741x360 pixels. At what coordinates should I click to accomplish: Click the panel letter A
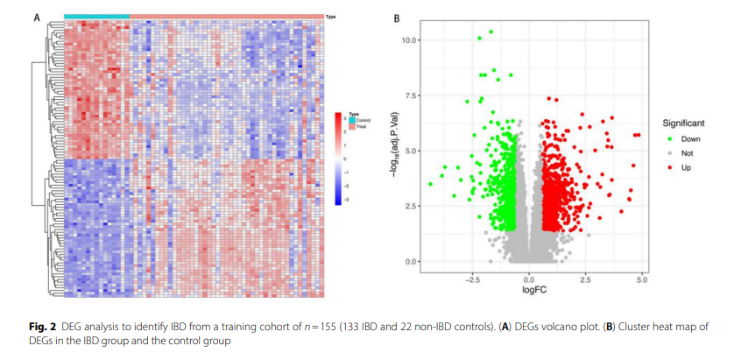coord(37,18)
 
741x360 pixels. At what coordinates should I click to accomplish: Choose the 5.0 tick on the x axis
coord(642,279)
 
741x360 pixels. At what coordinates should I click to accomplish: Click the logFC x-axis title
coord(534,289)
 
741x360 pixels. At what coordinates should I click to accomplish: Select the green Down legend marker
coord(670,138)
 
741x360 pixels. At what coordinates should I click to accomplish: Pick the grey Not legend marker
coord(670,152)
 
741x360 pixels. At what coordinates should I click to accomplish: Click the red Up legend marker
coord(670,166)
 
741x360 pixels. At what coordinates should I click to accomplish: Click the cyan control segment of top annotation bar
coord(96,16)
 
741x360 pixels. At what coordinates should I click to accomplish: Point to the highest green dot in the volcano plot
coord(491,32)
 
